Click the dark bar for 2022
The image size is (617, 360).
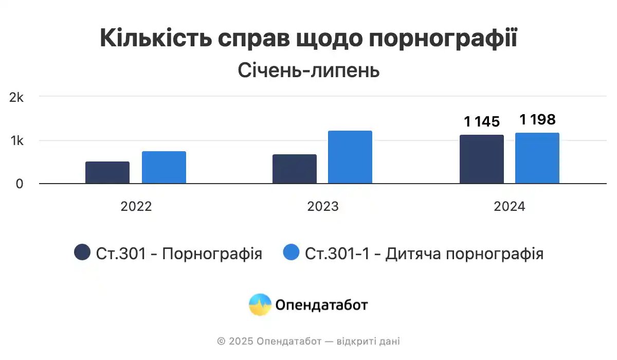coord(107,173)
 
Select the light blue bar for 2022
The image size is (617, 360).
coord(164,168)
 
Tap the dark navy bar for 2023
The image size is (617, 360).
coord(295,169)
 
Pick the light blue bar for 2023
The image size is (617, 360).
coord(350,157)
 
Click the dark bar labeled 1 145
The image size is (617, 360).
coord(482,159)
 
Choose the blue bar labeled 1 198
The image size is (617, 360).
coord(537,158)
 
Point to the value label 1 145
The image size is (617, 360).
coord(482,122)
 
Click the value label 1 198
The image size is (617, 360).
coord(537,120)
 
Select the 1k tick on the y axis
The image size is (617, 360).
coord(17,141)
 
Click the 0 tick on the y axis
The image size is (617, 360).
coord(20,184)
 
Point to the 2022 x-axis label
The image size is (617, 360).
coord(136,207)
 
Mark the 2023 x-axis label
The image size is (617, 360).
coord(323,207)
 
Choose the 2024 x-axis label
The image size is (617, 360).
coord(510,207)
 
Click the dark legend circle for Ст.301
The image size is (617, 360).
coord(82,253)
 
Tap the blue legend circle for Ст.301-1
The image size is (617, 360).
coord(291,253)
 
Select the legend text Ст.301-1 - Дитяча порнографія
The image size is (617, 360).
coord(424,254)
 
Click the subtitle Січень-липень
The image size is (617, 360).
coord(308,70)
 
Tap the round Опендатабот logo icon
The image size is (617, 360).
coord(260,304)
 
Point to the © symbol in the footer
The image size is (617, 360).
coord(221,341)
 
